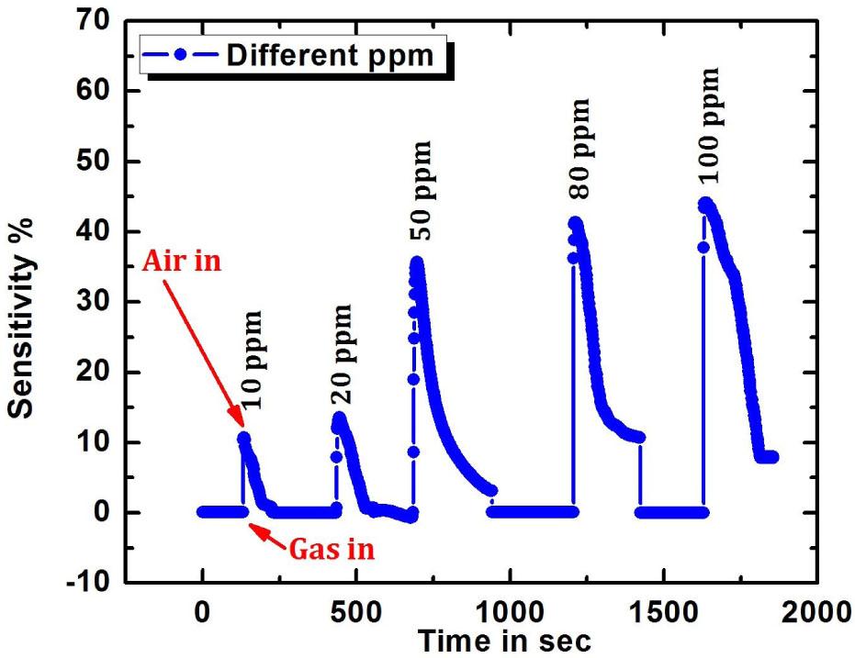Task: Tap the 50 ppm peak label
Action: click(421, 191)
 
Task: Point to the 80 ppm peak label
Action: click(579, 151)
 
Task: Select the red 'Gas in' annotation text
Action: click(332, 549)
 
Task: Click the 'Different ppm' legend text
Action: click(330, 55)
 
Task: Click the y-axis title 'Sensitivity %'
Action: click(24, 304)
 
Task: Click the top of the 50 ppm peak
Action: click(418, 262)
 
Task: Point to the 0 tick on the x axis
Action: click(202, 608)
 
